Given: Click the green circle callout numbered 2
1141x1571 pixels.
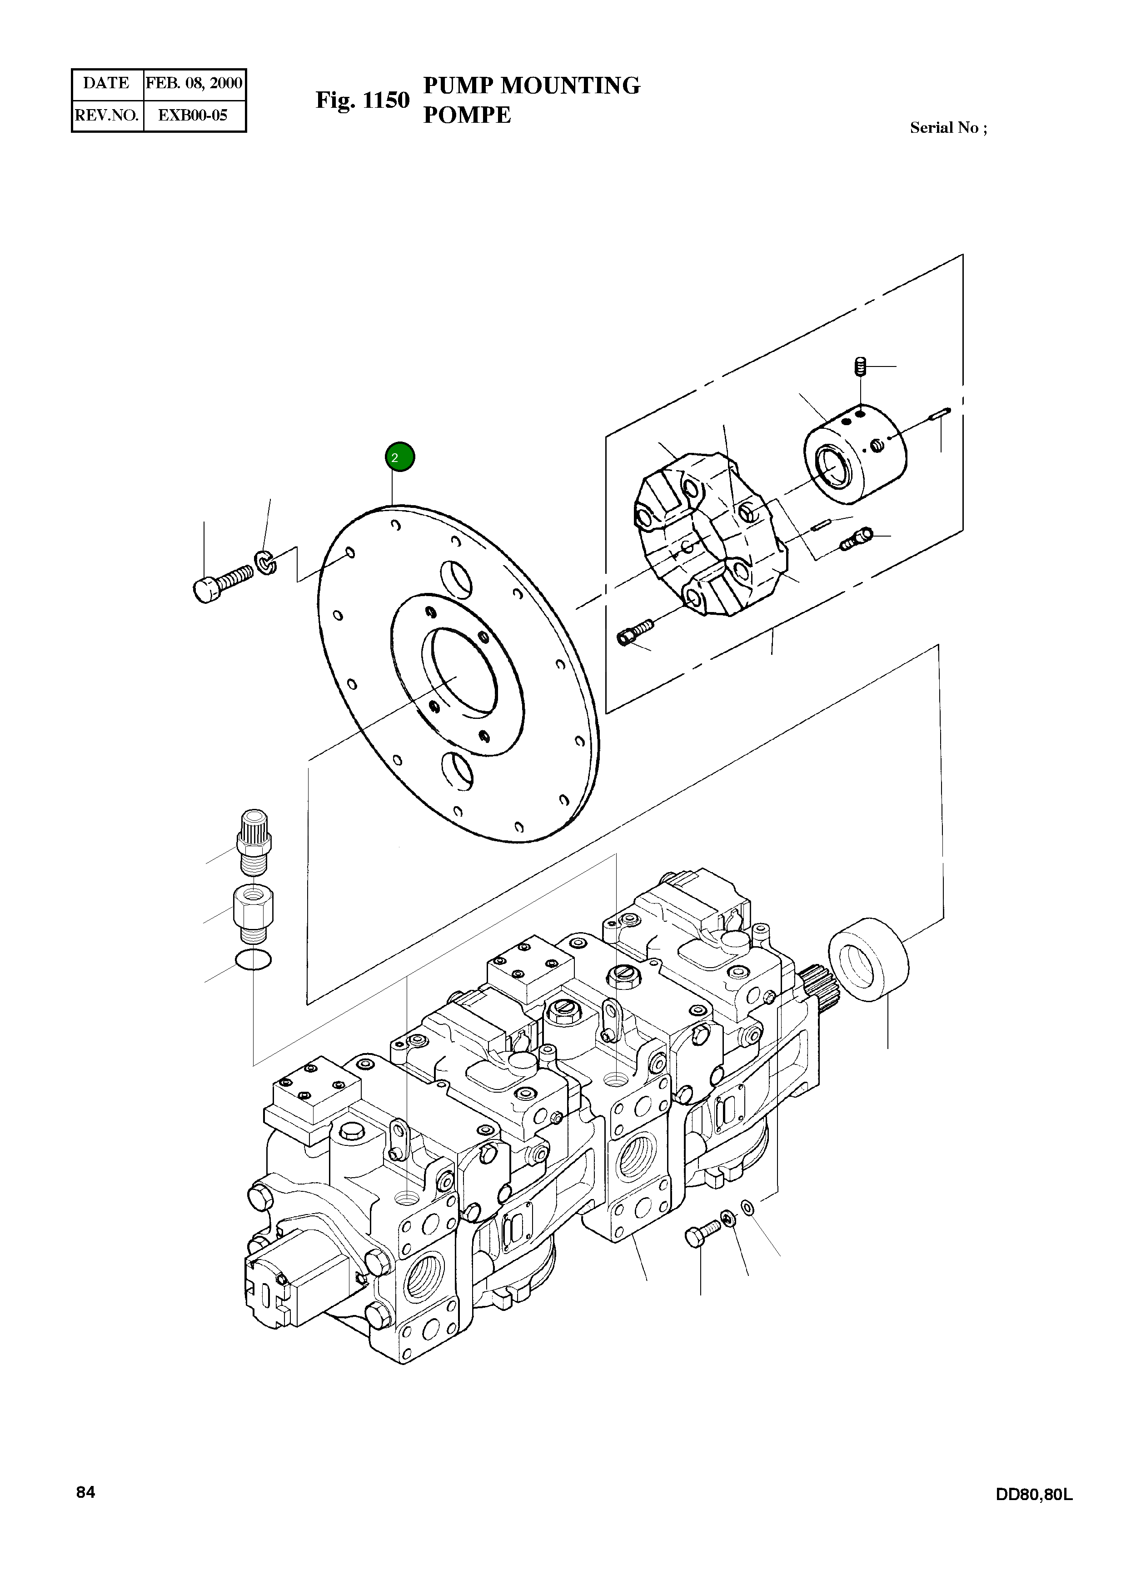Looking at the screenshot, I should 399,457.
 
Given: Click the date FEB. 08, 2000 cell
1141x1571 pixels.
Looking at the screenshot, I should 194,84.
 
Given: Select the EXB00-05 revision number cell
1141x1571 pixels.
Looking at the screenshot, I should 193,115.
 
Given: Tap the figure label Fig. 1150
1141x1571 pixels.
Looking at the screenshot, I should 362,100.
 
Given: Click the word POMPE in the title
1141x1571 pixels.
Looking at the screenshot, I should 467,115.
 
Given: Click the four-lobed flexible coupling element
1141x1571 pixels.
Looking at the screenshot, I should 710,533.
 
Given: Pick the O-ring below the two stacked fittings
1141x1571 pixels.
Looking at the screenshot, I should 254,960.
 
